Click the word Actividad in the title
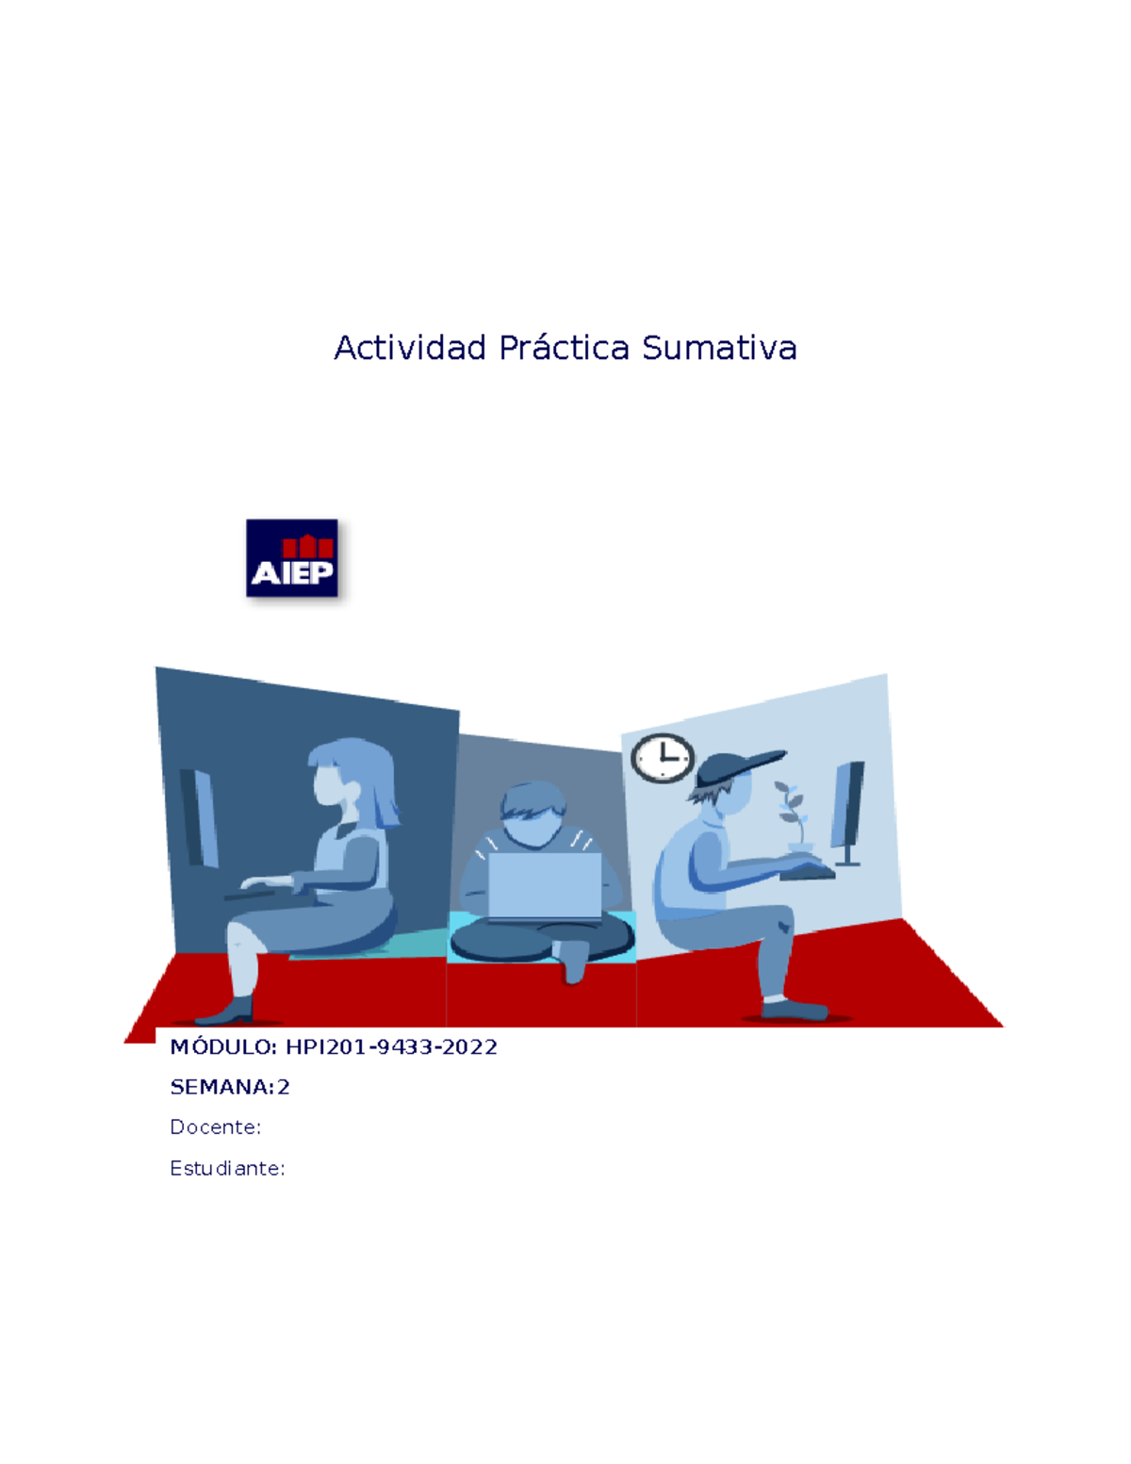coord(410,348)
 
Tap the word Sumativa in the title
coord(719,348)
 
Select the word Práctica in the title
coord(564,348)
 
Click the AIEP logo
coord(291,558)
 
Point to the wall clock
coord(663,758)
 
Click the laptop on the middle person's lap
coord(545,887)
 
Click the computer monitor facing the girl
coord(199,818)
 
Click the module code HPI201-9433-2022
coord(391,1046)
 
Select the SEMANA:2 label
coord(230,1087)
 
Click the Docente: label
coord(216,1127)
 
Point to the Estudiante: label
coord(228,1168)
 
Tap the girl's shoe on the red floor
coord(225,1012)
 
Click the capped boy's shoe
coord(795,1010)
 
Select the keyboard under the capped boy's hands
coord(808,874)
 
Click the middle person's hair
coord(533,799)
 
